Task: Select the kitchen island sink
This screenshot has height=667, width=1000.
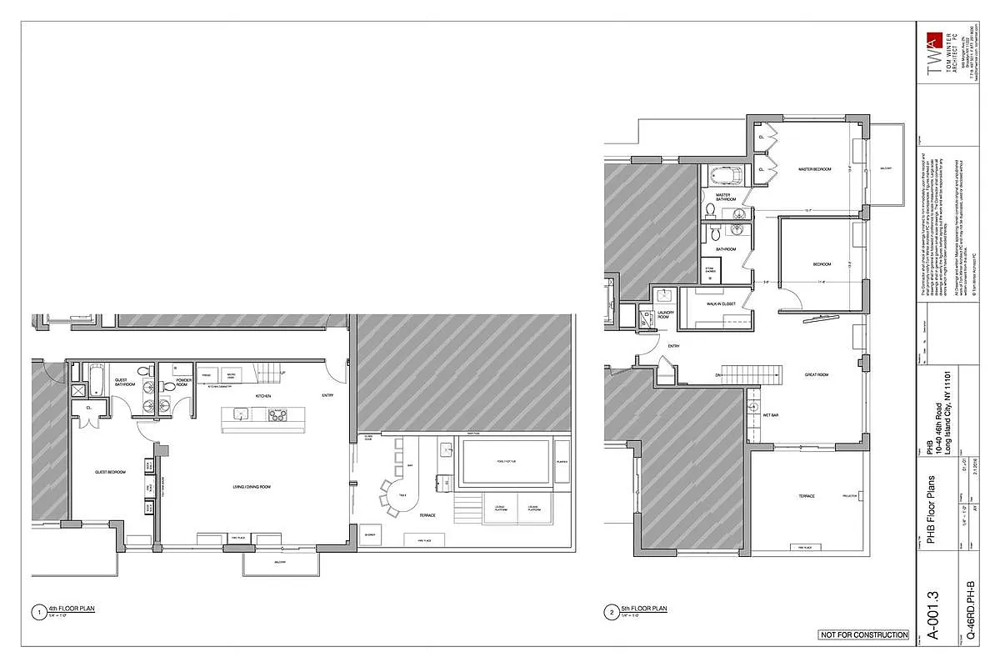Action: tap(239, 414)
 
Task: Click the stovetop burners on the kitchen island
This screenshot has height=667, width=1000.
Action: tap(278, 414)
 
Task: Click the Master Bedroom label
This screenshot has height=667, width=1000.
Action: tap(814, 169)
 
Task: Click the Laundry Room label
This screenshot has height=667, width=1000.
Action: tap(664, 315)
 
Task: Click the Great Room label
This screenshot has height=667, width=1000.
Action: tap(816, 375)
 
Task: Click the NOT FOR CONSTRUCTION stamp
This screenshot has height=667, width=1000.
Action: tap(864, 635)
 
